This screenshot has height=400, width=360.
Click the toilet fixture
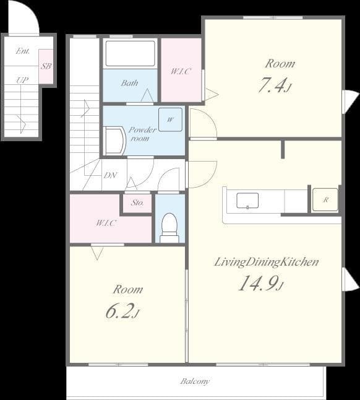click(169, 227)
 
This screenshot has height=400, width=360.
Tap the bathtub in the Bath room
click(130, 53)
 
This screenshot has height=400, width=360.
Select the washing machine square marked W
click(170, 120)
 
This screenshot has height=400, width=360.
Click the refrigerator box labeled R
click(325, 199)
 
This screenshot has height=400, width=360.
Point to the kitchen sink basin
click(247, 201)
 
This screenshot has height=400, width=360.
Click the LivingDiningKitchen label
click(266, 262)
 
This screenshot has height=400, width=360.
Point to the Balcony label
click(195, 381)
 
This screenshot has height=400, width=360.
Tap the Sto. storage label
click(137, 202)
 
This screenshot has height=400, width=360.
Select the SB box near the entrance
click(46, 66)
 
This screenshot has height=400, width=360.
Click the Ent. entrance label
click(22, 51)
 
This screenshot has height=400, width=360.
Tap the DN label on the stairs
click(109, 175)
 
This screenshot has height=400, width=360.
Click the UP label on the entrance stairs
click(22, 80)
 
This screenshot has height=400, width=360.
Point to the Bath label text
click(129, 83)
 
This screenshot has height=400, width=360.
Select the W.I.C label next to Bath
click(181, 71)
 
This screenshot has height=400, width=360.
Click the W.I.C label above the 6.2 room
click(106, 223)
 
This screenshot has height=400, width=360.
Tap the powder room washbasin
click(114, 141)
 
